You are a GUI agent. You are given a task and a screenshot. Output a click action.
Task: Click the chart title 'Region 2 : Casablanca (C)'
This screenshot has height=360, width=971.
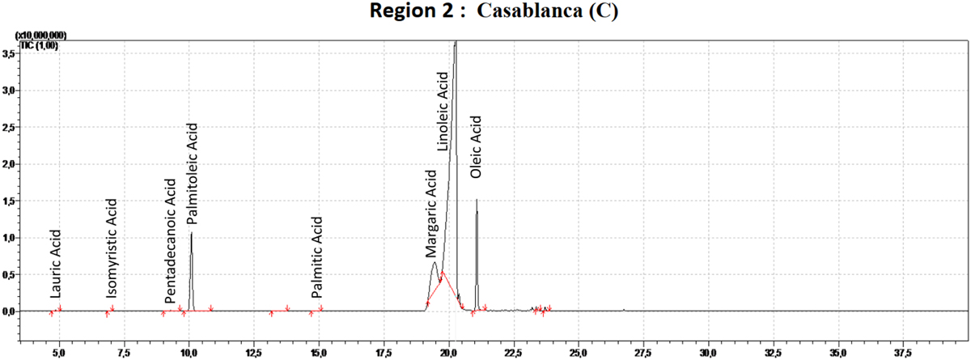(x=485, y=13)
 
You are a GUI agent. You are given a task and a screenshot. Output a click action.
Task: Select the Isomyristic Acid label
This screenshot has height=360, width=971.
(x=112, y=248)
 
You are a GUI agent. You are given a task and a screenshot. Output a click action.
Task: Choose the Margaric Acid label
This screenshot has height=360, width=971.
(x=431, y=214)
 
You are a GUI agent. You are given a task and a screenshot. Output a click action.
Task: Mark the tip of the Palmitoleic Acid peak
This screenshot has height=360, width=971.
(x=191, y=233)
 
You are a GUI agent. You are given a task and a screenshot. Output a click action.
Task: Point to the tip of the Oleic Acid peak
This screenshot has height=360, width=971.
(x=477, y=199)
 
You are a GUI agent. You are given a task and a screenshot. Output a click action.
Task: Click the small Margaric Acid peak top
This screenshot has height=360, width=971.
(x=435, y=263)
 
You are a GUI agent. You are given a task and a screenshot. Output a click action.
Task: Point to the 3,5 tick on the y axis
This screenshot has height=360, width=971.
(x=9, y=53)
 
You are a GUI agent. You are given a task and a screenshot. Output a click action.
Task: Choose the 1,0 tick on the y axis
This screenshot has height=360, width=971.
(x=9, y=237)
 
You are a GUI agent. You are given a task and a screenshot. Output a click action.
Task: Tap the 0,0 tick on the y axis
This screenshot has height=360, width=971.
(x=9, y=311)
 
